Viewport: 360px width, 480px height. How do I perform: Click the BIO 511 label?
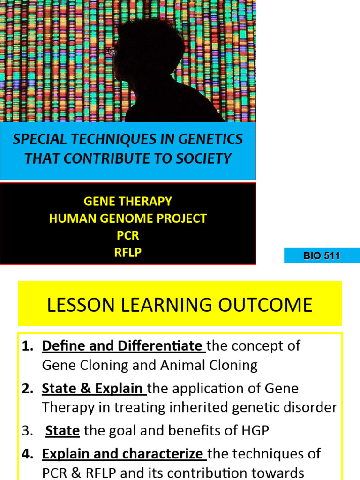[x=322, y=256]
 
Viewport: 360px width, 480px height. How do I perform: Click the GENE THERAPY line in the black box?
[x=127, y=202]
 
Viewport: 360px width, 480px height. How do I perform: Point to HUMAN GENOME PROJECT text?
[x=127, y=218]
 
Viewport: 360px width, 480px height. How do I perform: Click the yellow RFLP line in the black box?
[x=127, y=253]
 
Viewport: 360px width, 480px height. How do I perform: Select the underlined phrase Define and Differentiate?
[x=123, y=346]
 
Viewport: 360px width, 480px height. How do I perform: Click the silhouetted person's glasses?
[x=111, y=51]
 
